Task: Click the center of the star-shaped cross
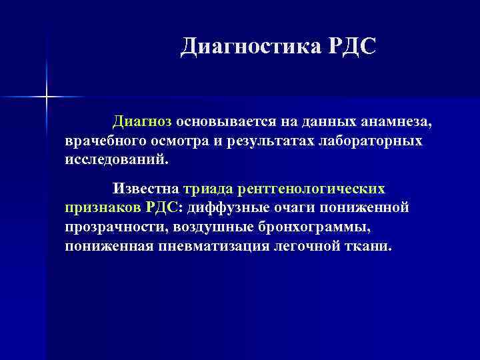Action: (47, 97)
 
